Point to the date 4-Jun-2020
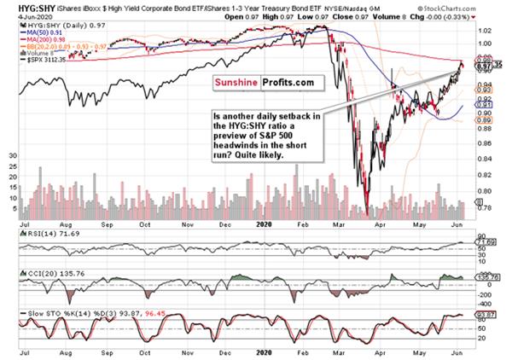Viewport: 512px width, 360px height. click(20, 17)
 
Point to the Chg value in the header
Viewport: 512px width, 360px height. click(452, 17)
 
